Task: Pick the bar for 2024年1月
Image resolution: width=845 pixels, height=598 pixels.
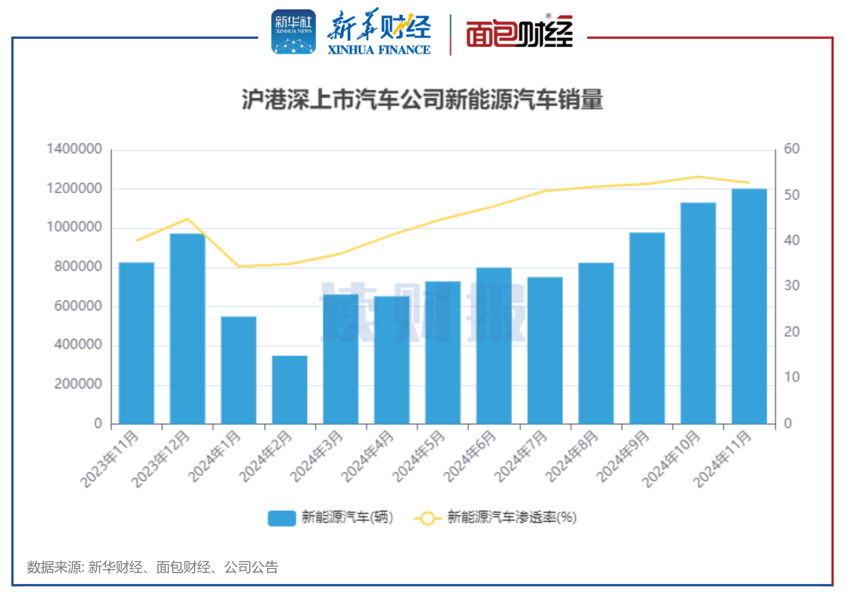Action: pyautogui.click(x=238, y=370)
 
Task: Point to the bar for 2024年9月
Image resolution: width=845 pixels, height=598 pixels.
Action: pyautogui.click(x=647, y=328)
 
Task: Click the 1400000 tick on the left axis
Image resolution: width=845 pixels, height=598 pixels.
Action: pyautogui.click(x=74, y=149)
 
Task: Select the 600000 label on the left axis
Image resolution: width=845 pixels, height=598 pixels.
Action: pyautogui.click(x=78, y=305)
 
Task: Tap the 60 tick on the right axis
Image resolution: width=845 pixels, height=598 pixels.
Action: pyautogui.click(x=792, y=149)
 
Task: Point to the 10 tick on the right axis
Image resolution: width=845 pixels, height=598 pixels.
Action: pyautogui.click(x=792, y=377)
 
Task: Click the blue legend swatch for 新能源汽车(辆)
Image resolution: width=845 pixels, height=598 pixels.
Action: pyautogui.click(x=282, y=518)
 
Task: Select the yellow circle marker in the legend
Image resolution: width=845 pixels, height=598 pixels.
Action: pyautogui.click(x=427, y=518)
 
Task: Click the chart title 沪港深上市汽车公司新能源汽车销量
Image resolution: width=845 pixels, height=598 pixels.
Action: pyautogui.click(x=422, y=99)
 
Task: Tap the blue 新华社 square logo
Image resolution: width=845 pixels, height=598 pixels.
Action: pyautogui.click(x=293, y=32)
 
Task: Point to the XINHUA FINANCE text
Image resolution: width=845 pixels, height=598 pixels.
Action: pyautogui.click(x=379, y=50)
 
